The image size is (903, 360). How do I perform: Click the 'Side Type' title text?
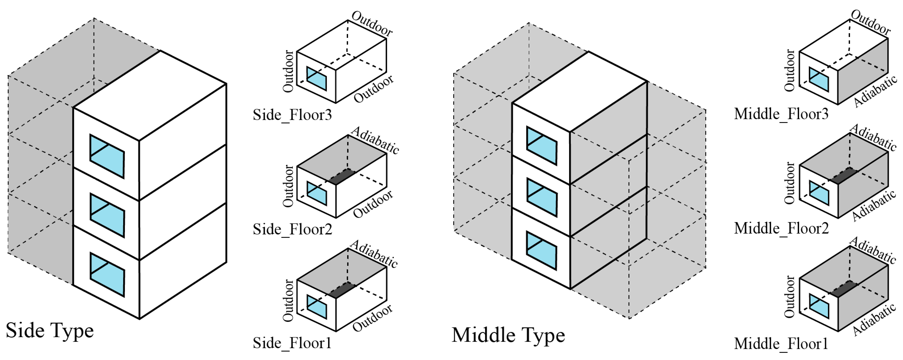(x=50, y=330)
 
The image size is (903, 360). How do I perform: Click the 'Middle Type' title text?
(x=508, y=335)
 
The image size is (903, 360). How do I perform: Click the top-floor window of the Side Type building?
(x=107, y=156)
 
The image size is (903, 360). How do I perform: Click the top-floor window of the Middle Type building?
(x=542, y=145)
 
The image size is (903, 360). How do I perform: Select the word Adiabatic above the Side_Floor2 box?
(x=375, y=140)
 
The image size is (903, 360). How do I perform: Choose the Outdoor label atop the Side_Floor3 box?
(x=372, y=23)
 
